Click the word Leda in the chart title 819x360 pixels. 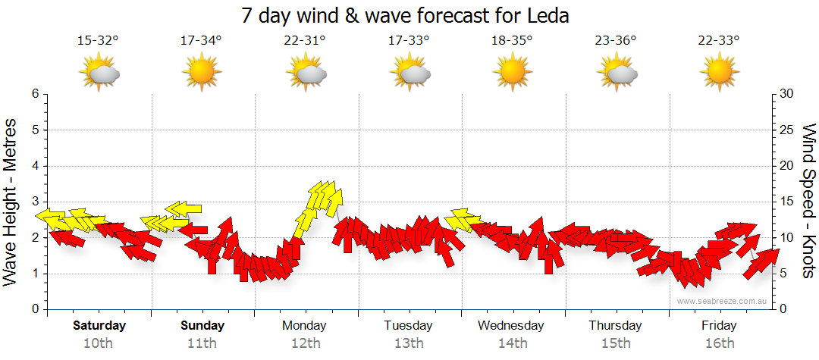click(x=548, y=15)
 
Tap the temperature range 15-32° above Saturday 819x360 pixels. click(x=98, y=41)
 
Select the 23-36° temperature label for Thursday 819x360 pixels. click(x=616, y=41)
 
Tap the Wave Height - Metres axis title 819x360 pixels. click(x=11, y=202)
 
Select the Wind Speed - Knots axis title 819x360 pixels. click(x=808, y=202)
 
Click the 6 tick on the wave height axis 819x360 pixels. click(x=34, y=94)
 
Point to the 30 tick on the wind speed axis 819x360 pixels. click(x=787, y=94)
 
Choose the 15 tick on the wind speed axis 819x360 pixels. click(x=787, y=202)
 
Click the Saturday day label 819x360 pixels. click(x=99, y=326)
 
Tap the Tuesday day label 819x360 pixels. click(x=408, y=326)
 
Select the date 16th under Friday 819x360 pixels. click(x=719, y=343)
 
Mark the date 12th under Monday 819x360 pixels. click(x=304, y=343)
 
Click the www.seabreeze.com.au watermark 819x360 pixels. click(x=723, y=301)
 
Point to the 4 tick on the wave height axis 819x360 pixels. click(x=34, y=166)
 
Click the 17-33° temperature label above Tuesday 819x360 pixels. click(x=409, y=41)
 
